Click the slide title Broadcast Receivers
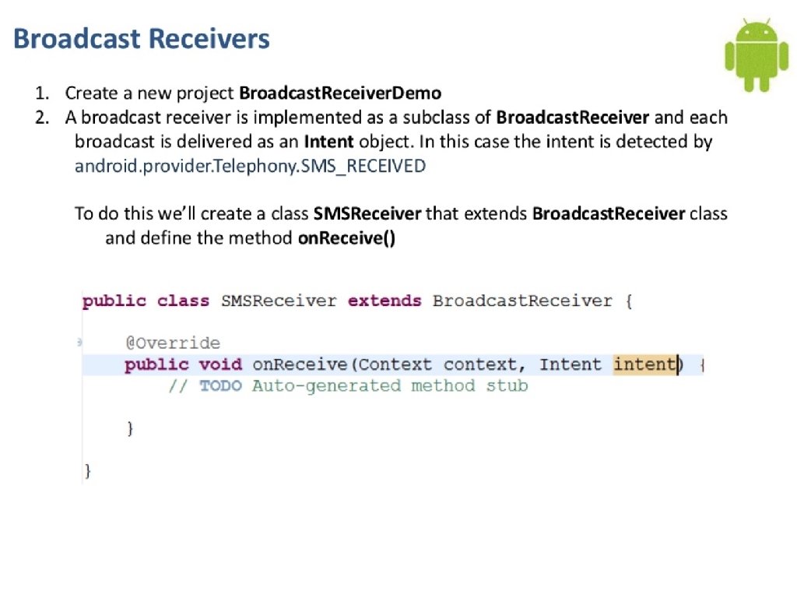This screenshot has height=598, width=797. coord(142,38)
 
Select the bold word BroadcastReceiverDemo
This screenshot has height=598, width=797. coord(340,93)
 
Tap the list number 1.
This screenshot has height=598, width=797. coord(40,93)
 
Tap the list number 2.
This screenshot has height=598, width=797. coord(40,118)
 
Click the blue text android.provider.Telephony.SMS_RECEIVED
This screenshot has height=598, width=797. coord(250,166)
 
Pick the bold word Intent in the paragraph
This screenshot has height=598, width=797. coord(328,142)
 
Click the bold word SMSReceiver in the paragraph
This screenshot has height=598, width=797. coord(367,213)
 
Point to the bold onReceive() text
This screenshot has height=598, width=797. coord(347,237)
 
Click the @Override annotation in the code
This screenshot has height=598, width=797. coord(173,343)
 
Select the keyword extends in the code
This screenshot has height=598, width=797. coord(384,301)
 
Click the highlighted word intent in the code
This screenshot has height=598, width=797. coord(644,364)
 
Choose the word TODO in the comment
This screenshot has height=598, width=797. coord(220,385)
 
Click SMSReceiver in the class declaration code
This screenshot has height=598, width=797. coord(279,301)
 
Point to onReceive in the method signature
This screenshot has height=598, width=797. coord(300,364)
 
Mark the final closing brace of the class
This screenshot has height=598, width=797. coord(87,470)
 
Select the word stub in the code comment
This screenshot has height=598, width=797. coord(507,385)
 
